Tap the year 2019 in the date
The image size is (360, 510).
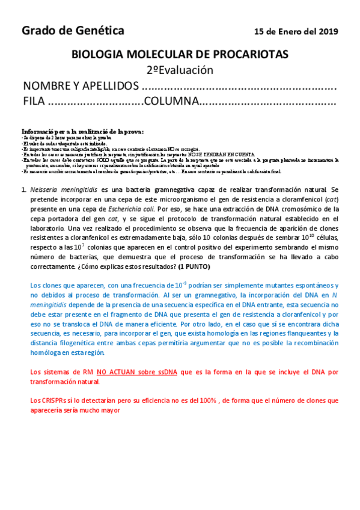point(328,32)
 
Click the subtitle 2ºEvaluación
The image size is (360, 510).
point(180,70)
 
